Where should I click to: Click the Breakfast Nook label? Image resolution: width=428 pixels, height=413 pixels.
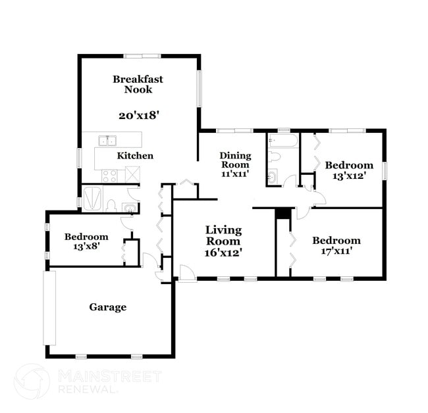(x=138, y=84)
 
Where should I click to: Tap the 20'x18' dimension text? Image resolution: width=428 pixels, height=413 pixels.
(x=138, y=114)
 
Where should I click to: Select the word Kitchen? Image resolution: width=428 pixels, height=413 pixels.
(x=135, y=156)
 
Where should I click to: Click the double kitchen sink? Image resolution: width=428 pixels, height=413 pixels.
(x=107, y=140)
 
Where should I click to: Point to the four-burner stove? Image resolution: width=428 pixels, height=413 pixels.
(x=110, y=175)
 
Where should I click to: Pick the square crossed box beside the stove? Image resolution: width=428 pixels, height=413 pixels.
(x=132, y=175)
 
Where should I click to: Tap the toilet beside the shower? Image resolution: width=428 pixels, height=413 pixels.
(x=111, y=205)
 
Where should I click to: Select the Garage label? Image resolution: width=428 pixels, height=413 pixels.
(x=108, y=307)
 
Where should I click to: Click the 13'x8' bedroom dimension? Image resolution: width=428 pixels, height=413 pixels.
(x=86, y=248)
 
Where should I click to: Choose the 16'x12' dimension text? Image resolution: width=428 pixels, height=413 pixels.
(x=223, y=252)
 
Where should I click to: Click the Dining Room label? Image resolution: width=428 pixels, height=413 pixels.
(x=235, y=160)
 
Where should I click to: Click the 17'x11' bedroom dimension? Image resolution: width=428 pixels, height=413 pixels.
(x=336, y=251)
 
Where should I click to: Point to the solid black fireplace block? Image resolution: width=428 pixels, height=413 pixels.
(x=283, y=214)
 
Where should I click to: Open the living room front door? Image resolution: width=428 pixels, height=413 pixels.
(x=187, y=274)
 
